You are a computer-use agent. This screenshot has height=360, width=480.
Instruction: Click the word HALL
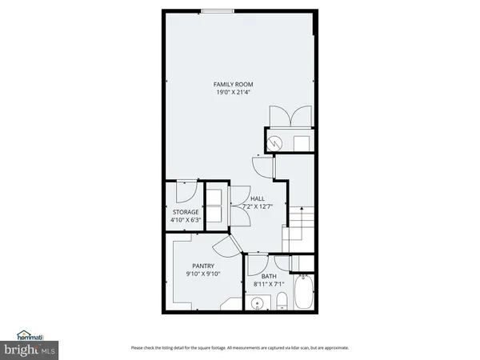point(258,198)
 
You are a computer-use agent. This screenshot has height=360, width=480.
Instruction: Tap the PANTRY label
point(203,266)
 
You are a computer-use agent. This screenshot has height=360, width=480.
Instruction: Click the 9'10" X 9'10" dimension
point(203,274)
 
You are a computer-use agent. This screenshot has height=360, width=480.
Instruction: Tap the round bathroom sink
point(257,302)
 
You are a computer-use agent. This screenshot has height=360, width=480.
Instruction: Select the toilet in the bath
point(282,302)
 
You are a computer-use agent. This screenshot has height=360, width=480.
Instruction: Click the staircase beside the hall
point(300,220)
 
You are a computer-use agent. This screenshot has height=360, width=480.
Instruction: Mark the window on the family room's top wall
point(217,10)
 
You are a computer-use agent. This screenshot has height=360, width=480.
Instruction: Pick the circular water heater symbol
point(276,143)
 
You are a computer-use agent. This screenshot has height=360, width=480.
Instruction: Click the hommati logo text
point(30,336)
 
